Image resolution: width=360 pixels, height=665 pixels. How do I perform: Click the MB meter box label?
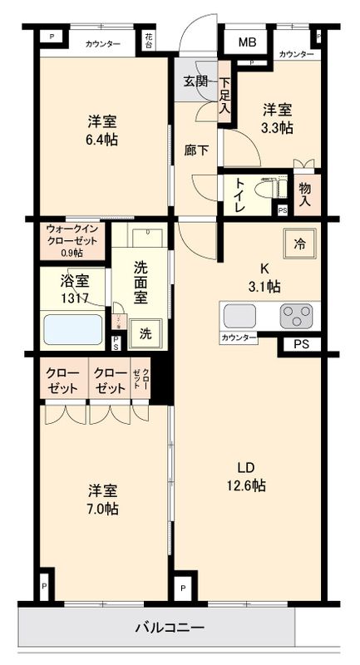click(248, 42)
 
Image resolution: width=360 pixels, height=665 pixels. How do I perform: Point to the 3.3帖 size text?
click(278, 127)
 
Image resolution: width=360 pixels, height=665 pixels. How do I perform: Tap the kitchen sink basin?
click(240, 316)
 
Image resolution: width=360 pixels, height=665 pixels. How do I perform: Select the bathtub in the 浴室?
click(72, 329)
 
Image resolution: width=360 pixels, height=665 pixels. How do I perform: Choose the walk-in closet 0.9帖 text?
click(72, 252)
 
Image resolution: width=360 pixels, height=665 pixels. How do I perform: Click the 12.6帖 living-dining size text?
click(248, 485)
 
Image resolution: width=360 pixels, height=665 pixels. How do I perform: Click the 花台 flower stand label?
click(148, 39)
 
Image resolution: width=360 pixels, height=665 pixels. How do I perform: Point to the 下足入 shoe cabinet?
click(224, 96)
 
